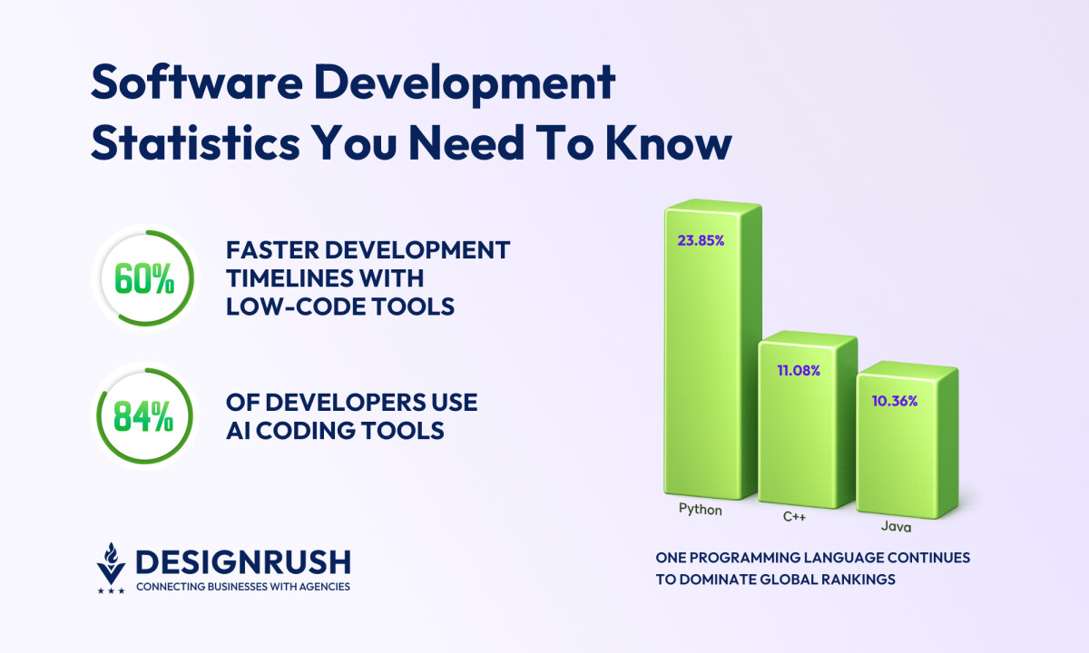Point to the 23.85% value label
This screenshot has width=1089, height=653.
coord(701,241)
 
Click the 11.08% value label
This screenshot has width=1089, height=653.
coord(799,370)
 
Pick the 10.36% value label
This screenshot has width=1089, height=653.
coord(895,400)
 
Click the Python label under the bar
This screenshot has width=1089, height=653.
coord(701,510)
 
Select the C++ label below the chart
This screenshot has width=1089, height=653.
coord(794,518)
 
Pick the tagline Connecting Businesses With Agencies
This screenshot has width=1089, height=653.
coord(242,587)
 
